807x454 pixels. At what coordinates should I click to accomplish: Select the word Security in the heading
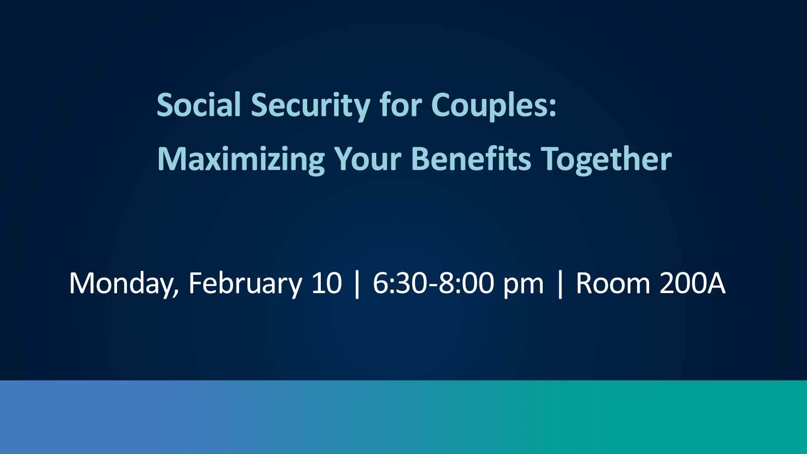point(311,106)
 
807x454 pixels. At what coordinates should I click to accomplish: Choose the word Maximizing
point(241,161)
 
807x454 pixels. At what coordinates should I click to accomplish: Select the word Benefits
point(471,158)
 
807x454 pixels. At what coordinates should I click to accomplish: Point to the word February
point(245,285)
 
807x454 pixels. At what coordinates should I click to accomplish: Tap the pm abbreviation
point(523,287)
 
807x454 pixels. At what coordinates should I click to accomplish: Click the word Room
point(613,283)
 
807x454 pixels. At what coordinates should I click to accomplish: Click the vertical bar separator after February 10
point(357,285)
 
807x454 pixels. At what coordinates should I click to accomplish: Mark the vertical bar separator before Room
point(560,285)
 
